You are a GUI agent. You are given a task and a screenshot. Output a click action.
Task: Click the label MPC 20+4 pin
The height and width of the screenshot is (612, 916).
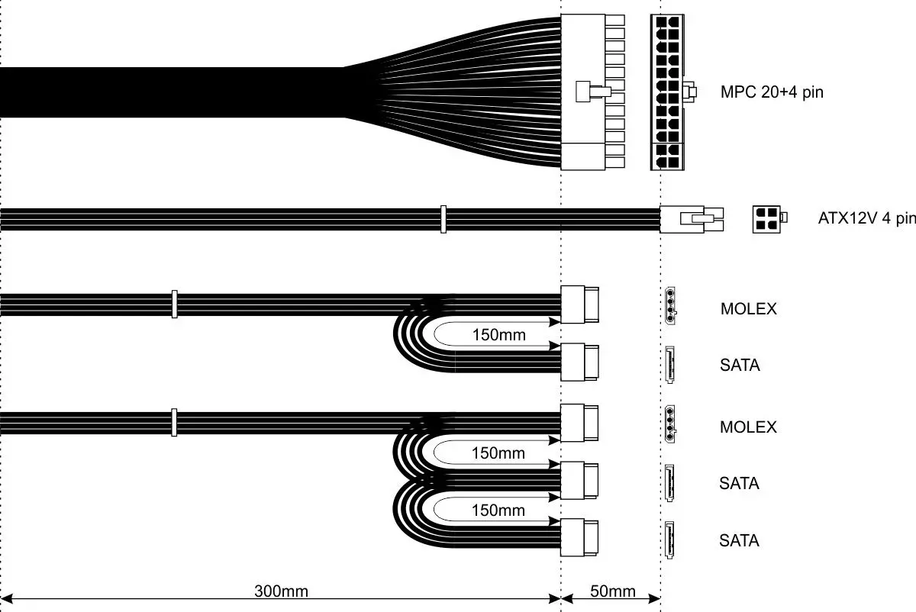pos(772,93)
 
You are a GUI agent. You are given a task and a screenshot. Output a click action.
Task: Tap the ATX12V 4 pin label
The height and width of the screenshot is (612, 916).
pos(866,218)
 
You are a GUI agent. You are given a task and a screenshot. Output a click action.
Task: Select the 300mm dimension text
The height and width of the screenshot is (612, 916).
pos(281,591)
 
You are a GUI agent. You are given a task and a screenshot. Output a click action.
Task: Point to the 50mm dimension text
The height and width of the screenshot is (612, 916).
pos(612,591)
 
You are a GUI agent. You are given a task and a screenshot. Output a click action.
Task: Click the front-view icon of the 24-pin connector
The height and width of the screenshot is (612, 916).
pos(669,92)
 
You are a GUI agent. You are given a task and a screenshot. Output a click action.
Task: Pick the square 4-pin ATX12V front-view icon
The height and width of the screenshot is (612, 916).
pos(767,219)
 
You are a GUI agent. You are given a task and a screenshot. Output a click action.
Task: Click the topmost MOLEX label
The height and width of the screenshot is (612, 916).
pos(748,309)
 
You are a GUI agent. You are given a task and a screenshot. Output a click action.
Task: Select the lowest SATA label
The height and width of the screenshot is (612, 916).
pos(739,541)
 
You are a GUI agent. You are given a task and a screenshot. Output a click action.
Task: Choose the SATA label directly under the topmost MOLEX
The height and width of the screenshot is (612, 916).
pos(740,366)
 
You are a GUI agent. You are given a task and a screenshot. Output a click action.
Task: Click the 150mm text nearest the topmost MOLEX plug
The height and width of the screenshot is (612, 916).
pos(498,334)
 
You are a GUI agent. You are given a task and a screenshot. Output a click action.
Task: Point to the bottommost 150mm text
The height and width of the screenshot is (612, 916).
pos(498,510)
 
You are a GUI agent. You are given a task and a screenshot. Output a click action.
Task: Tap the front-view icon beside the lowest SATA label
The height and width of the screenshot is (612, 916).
pos(669,540)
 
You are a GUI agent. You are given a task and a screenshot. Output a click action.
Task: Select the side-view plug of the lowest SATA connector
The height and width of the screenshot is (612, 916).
pos(580,539)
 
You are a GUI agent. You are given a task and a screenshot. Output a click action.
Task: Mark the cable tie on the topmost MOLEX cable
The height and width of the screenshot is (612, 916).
pos(175,304)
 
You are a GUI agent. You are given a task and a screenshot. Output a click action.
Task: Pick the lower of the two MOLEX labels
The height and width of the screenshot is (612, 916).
pos(748,427)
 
